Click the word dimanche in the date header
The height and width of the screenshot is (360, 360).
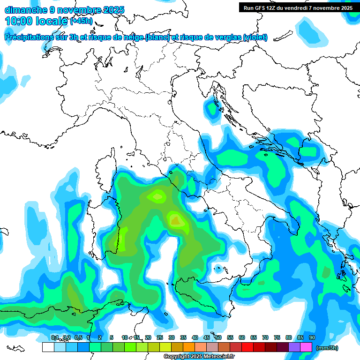[24, 10]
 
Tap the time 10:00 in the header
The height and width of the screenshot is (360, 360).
[18, 21]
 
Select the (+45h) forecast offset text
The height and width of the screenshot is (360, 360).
[81, 21]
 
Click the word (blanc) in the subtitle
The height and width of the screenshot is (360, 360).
[156, 37]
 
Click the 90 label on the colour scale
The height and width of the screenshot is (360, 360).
[312, 337]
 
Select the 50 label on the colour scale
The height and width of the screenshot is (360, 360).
[218, 337]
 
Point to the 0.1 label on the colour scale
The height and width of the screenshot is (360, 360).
[55, 337]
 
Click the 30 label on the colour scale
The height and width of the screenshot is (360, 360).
[172, 337]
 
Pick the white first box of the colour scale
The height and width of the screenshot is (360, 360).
[48, 347]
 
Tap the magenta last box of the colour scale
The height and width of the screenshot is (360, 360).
[306, 347]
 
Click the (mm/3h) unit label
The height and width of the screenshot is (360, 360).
[327, 348]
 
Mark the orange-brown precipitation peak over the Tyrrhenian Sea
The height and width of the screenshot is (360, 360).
[176, 219]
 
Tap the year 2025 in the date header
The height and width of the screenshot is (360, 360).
[113, 10]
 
